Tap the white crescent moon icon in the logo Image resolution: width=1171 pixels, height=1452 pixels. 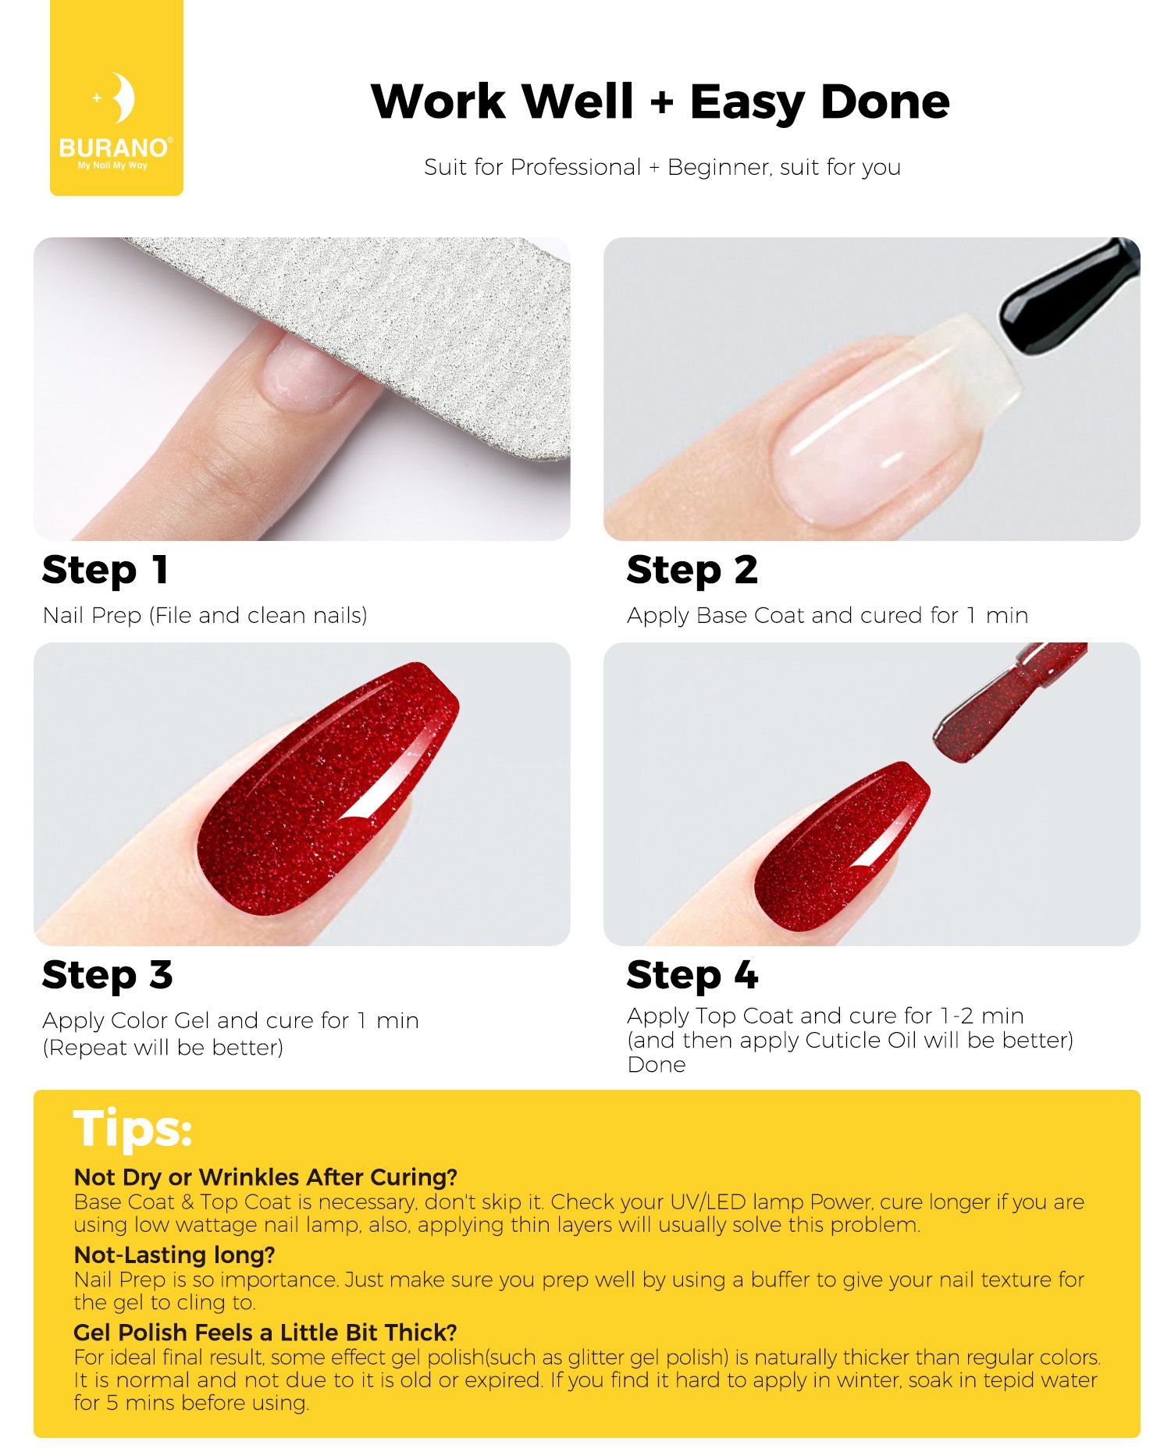pos(123,98)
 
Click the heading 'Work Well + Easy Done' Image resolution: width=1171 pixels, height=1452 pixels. pos(660,101)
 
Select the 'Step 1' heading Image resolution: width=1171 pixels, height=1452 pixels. pos(105,570)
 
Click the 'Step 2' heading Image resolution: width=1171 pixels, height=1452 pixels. pos(692,570)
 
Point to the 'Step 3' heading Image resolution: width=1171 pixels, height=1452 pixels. pos(108,975)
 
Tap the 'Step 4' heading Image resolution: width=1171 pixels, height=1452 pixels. pos(692,975)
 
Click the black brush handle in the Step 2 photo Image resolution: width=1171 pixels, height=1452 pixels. pos(1070,297)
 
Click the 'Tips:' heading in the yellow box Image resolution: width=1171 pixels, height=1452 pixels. pos(133,1129)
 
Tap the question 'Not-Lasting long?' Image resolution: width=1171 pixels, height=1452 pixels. pos(175,1254)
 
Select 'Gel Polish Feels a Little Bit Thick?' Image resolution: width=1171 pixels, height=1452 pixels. pos(265,1332)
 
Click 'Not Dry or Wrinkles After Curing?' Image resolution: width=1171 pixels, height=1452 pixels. pos(265,1176)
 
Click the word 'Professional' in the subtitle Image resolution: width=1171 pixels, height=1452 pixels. pos(575,167)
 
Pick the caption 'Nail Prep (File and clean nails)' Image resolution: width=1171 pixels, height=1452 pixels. pos(205,615)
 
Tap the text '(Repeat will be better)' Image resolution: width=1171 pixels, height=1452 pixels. pos(162,1047)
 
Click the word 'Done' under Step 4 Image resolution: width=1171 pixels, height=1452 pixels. pos(657,1065)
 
